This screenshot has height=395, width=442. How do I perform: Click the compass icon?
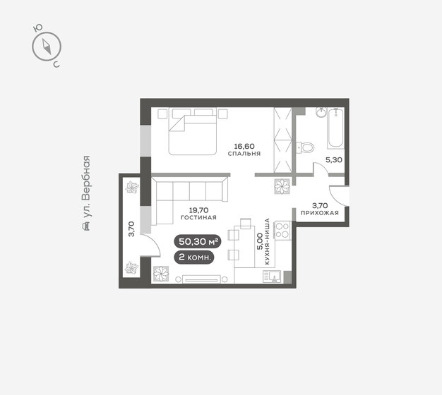pos(47,47)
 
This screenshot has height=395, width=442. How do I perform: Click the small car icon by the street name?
pos(86,226)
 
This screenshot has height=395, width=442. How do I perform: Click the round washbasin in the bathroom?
pos(320,112)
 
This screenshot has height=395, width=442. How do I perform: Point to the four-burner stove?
pos(282,229)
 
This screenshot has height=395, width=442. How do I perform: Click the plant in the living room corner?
pos(160,274)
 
